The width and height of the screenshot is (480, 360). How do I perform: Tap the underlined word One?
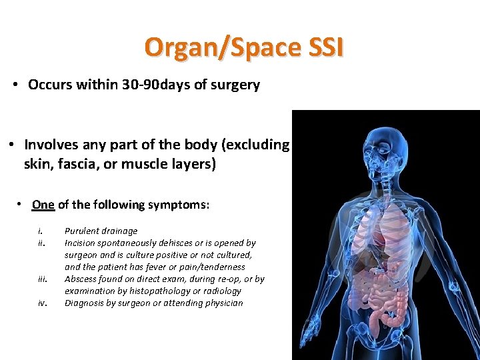(43, 205)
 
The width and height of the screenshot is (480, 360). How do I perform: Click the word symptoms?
(181, 205)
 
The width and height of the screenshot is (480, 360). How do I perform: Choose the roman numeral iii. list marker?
(43, 279)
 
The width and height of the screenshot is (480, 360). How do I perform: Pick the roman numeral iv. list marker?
(42, 303)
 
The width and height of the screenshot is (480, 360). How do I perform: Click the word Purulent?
(83, 231)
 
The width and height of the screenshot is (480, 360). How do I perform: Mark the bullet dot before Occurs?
(15, 85)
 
